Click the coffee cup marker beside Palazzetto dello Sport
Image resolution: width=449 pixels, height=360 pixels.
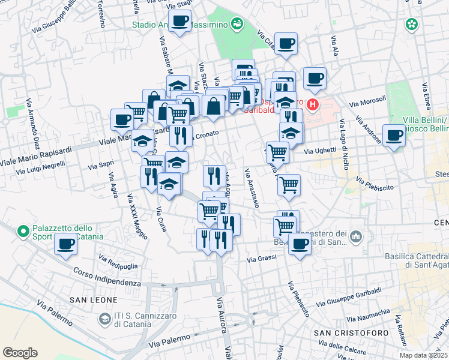pyautogui.click(x=66, y=244)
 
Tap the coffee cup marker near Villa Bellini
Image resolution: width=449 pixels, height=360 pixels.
pyautogui.click(x=394, y=135)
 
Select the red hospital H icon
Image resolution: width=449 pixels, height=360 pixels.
pyautogui.click(x=312, y=106)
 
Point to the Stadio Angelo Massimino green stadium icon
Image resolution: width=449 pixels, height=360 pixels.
pyautogui.click(x=237, y=24)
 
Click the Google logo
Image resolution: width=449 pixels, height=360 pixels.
pyautogui.click(x=20, y=353)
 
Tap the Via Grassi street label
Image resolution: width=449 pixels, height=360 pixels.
pyautogui.click(x=262, y=259)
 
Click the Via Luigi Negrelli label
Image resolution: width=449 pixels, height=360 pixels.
pyautogui.click(x=41, y=167)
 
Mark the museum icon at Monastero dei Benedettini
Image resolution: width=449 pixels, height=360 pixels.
pyautogui.click(x=357, y=238)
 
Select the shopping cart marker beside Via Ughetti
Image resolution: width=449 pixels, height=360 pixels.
pyautogui.click(x=277, y=152)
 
